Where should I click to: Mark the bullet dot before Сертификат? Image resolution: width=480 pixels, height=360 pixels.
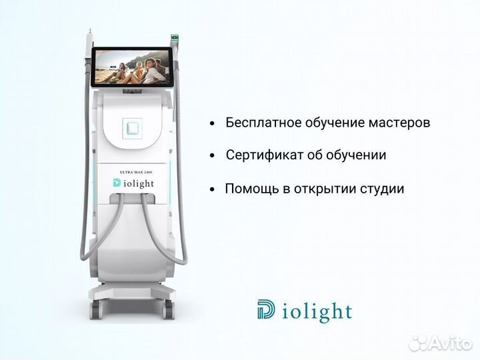click(x=212, y=156)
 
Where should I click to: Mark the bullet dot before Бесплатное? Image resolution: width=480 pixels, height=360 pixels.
click(x=212, y=124)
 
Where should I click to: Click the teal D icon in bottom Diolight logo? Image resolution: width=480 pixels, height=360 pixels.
click(x=265, y=311)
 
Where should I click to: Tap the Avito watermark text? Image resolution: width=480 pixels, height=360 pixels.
click(x=451, y=343)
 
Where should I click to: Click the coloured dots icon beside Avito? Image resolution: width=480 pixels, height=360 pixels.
click(x=418, y=343)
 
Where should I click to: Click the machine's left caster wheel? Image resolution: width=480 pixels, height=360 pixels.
click(x=95, y=309)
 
